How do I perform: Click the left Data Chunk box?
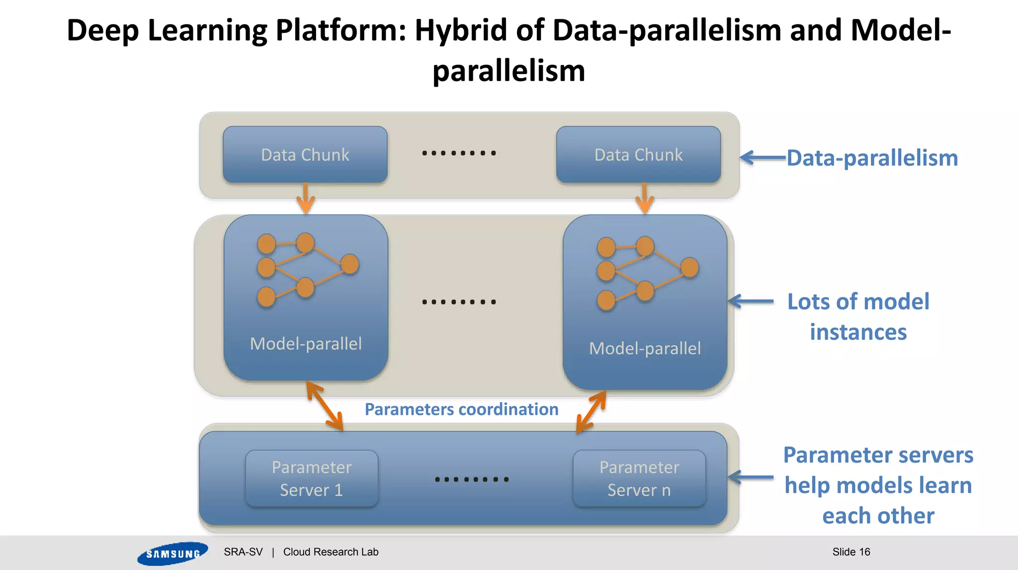point(305,155)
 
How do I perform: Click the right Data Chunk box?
point(638,155)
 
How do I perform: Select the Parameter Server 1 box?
point(312,478)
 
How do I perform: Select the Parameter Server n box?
point(639,478)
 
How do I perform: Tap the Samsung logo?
point(172,553)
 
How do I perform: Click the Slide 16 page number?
point(851,552)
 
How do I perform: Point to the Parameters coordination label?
point(461,409)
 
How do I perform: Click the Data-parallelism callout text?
point(872,158)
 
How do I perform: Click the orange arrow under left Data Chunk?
point(305,198)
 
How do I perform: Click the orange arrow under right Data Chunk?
point(645,198)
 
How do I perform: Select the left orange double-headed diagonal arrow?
point(325,406)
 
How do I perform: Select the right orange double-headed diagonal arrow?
point(591,412)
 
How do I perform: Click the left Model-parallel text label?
point(306,344)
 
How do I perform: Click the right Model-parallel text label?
point(645,348)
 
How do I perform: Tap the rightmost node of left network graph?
point(350,264)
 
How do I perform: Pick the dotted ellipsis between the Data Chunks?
point(459,153)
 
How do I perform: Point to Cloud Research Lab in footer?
point(331,552)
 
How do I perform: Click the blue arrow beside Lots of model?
point(751,301)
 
